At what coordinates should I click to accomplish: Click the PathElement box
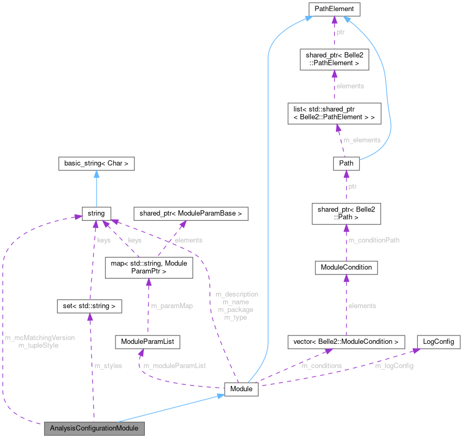click(334, 9)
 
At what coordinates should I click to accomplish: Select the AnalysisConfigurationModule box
click(94, 429)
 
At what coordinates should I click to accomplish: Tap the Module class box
click(241, 390)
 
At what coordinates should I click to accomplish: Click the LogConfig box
click(439, 342)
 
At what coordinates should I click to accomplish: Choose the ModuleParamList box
click(148, 342)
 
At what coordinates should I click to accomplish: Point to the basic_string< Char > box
click(97, 164)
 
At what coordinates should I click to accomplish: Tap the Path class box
click(346, 164)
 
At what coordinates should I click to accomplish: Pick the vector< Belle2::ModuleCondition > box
click(346, 342)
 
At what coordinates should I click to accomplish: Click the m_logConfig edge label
click(394, 365)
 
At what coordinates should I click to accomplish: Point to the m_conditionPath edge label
click(374, 240)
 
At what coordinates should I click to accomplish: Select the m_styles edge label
click(108, 365)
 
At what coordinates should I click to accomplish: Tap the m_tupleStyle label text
click(38, 345)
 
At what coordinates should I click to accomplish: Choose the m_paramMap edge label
click(171, 305)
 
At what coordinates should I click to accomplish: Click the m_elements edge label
click(362, 139)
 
